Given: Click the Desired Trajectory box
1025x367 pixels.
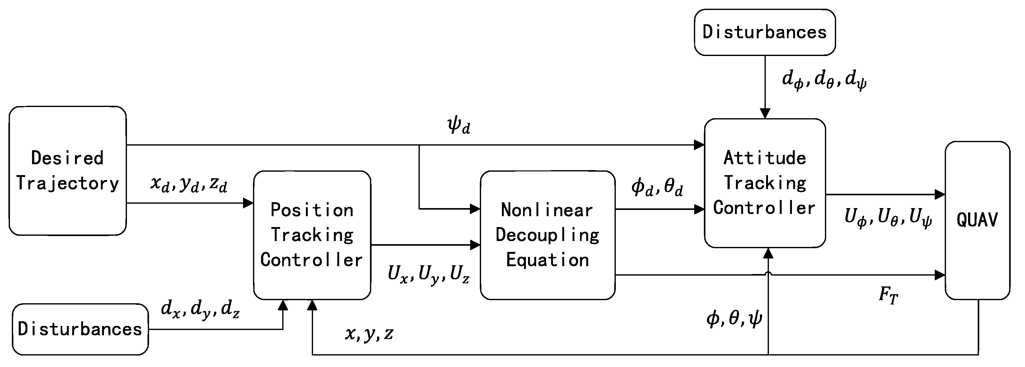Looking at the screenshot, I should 68,171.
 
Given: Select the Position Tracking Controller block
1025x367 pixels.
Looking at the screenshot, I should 312,235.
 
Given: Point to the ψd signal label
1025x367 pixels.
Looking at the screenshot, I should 459,126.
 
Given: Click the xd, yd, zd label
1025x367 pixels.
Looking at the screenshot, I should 189,184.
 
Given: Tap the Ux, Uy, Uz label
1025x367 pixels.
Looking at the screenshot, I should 428,274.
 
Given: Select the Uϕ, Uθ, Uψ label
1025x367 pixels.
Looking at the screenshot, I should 888,218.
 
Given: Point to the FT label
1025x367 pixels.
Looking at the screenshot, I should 888,295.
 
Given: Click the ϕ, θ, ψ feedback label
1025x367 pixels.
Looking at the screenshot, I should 734,318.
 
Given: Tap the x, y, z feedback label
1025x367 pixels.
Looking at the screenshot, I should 369,333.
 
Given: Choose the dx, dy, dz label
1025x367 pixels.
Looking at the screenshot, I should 200,309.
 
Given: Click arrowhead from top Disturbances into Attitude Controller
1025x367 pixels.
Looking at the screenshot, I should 765,113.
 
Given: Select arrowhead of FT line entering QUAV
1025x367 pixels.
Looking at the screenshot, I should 940,275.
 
